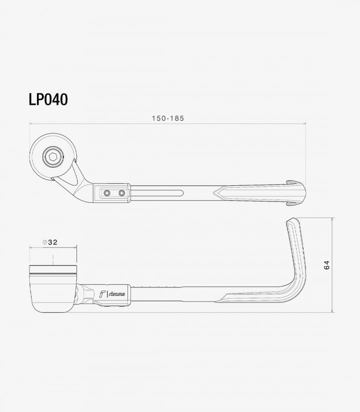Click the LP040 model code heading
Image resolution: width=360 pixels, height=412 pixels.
pyautogui.click(x=48, y=100)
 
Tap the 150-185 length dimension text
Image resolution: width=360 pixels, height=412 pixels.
pyautogui.click(x=168, y=118)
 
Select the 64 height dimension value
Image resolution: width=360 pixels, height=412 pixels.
pyautogui.click(x=326, y=265)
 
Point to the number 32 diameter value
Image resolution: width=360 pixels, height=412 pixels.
pyautogui.click(x=52, y=242)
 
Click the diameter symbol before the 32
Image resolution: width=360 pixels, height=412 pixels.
pyautogui.click(x=44, y=242)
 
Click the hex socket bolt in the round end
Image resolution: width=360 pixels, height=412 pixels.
pyautogui.click(x=53, y=157)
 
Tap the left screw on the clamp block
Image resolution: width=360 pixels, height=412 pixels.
pyautogui.click(x=107, y=193)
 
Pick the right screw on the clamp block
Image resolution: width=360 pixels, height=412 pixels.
pyautogui.click(x=121, y=193)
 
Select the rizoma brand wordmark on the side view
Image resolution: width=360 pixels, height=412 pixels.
pyautogui.click(x=117, y=294)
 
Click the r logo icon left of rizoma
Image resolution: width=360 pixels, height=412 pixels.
pyautogui.click(x=102, y=294)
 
